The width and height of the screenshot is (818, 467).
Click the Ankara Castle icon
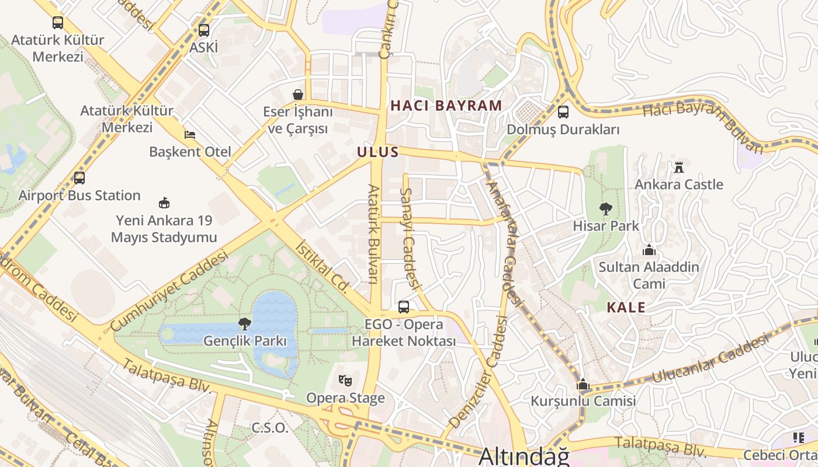tap(678, 168)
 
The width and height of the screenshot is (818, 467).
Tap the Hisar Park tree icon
tap(606, 208)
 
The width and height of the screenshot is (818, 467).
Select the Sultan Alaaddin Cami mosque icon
tap(649, 250)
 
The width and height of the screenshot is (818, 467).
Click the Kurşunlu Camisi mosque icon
tap(583, 384)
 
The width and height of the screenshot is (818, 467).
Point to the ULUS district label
tap(378, 152)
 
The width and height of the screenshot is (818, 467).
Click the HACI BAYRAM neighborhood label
tap(446, 106)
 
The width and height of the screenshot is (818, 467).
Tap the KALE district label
tap(626, 308)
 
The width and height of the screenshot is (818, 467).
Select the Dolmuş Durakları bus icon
tap(563, 112)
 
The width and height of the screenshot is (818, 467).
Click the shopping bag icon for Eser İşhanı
tap(298, 95)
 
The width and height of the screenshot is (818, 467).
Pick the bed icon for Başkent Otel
tap(190, 134)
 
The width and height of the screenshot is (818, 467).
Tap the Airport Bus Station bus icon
tap(79, 178)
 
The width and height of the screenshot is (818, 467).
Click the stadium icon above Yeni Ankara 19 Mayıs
tap(164, 203)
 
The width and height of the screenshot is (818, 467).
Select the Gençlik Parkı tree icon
tap(245, 323)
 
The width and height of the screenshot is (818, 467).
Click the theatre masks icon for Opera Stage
tap(345, 381)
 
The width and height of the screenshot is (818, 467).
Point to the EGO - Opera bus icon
tap(403, 306)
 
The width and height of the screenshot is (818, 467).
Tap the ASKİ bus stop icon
tap(203, 30)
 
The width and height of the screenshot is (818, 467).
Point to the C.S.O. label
tap(270, 428)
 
